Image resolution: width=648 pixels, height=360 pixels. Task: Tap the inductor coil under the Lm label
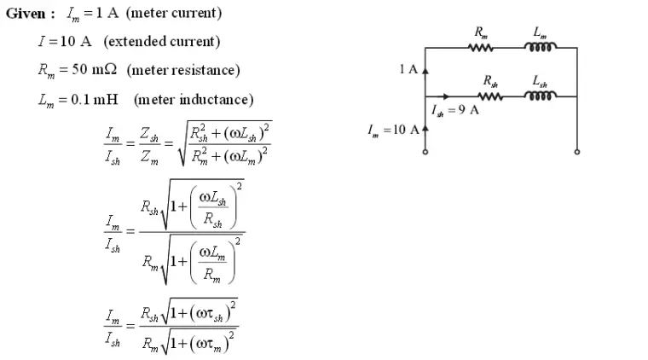point(541,49)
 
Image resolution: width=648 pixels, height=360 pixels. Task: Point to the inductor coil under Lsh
point(541,96)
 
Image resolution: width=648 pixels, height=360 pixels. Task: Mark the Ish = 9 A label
point(455,110)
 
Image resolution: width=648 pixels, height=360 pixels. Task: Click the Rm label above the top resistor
point(481,32)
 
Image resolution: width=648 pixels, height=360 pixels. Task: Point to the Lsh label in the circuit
point(541,81)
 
